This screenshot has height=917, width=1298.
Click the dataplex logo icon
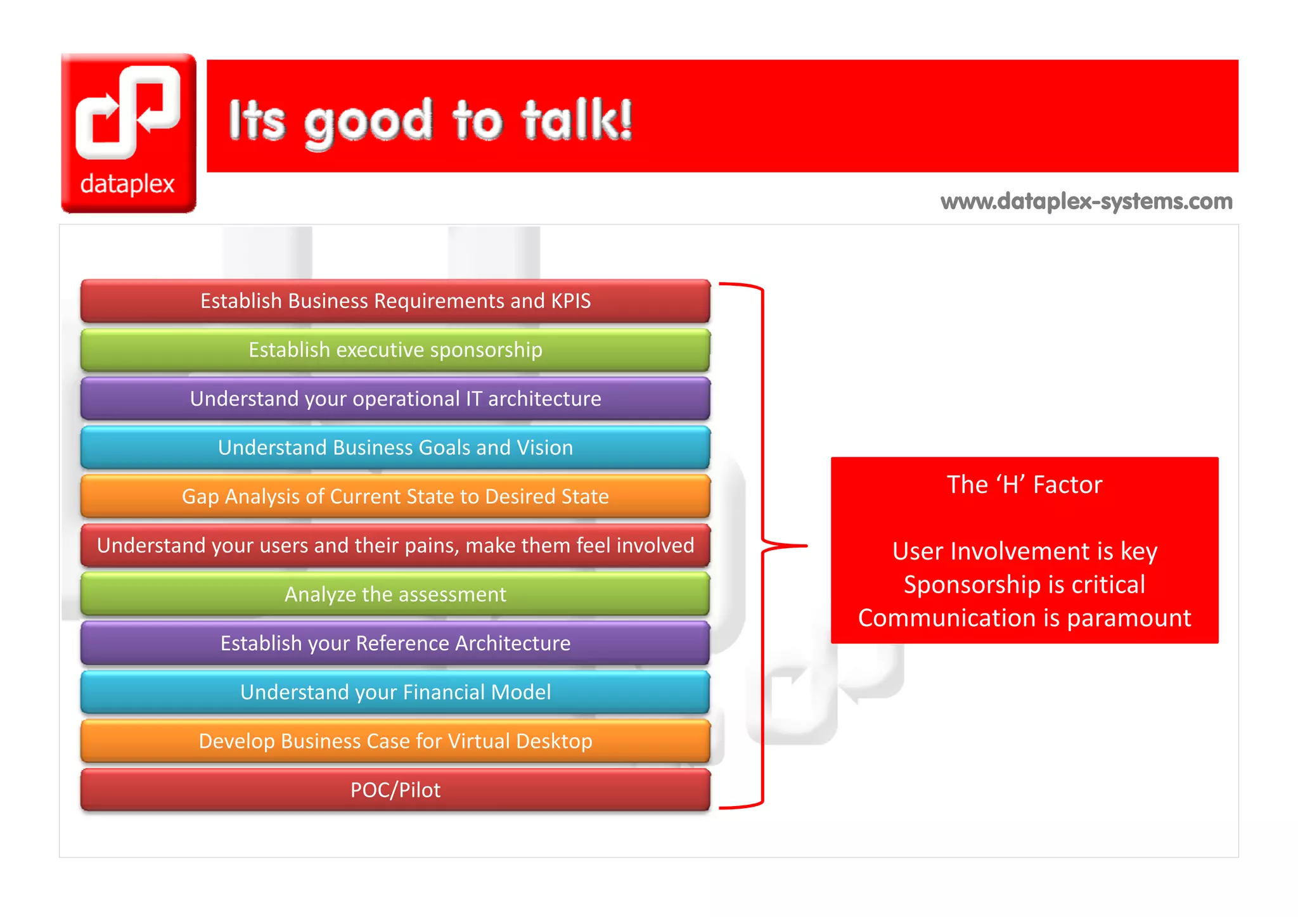[x=128, y=112]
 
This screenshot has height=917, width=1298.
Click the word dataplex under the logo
[x=127, y=184]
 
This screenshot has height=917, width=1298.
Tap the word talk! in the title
[x=576, y=120]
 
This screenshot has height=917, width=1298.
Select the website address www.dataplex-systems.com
[x=1086, y=202]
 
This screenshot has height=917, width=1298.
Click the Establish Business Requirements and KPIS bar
[x=395, y=301]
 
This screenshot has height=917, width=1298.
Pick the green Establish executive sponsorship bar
[x=395, y=350]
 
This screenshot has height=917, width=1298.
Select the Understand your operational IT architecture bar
[x=395, y=399]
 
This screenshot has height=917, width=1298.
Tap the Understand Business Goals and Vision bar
[x=395, y=447]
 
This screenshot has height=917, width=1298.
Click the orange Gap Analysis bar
[x=395, y=496]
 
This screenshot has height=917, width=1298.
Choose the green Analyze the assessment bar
[x=395, y=594]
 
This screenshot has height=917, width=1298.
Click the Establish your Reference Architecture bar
[x=395, y=643]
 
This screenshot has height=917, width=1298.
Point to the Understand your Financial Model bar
[x=395, y=692]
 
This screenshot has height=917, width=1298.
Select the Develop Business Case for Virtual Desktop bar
[x=395, y=741]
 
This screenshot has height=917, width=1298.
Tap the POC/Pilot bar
[x=395, y=790]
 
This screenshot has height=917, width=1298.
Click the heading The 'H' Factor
[x=1024, y=485]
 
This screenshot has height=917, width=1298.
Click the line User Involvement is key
[x=1024, y=551]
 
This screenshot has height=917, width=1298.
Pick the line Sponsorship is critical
[x=1024, y=584]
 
